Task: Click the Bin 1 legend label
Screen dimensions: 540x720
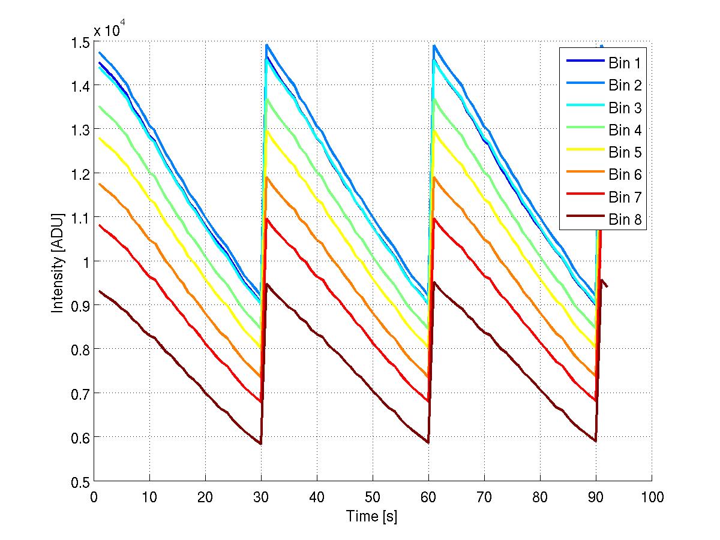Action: point(625,62)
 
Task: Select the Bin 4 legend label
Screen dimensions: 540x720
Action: point(625,130)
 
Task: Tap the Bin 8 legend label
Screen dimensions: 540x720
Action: point(625,220)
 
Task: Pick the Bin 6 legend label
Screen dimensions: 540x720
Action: point(625,175)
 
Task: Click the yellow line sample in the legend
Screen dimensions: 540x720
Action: point(584,152)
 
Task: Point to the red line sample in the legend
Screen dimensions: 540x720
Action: point(584,197)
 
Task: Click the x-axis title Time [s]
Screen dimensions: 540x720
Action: point(371,516)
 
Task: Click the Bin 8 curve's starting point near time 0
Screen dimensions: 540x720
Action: point(100,291)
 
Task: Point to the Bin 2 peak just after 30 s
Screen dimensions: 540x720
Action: point(266,44)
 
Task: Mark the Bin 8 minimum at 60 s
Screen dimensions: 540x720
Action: point(428,442)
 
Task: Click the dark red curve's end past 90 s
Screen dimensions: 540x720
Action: point(607,286)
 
